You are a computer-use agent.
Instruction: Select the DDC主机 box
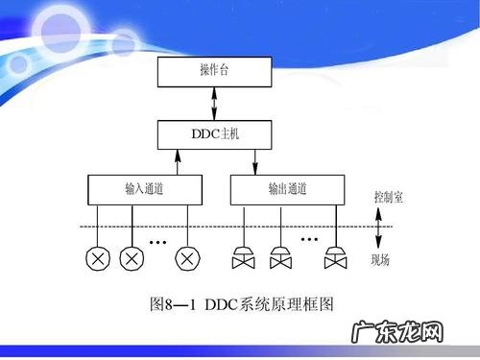click(x=213, y=133)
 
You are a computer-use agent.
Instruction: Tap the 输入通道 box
click(x=145, y=188)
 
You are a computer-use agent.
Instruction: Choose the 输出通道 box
click(x=287, y=188)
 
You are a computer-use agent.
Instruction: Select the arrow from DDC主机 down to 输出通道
click(x=255, y=159)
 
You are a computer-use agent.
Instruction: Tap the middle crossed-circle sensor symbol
click(x=131, y=257)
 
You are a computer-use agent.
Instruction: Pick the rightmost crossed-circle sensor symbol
click(x=185, y=257)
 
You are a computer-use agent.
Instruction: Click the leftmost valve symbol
click(x=243, y=258)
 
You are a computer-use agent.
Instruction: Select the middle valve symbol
click(x=280, y=258)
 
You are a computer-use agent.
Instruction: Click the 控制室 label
click(x=388, y=198)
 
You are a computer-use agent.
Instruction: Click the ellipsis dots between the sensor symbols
click(x=159, y=238)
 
